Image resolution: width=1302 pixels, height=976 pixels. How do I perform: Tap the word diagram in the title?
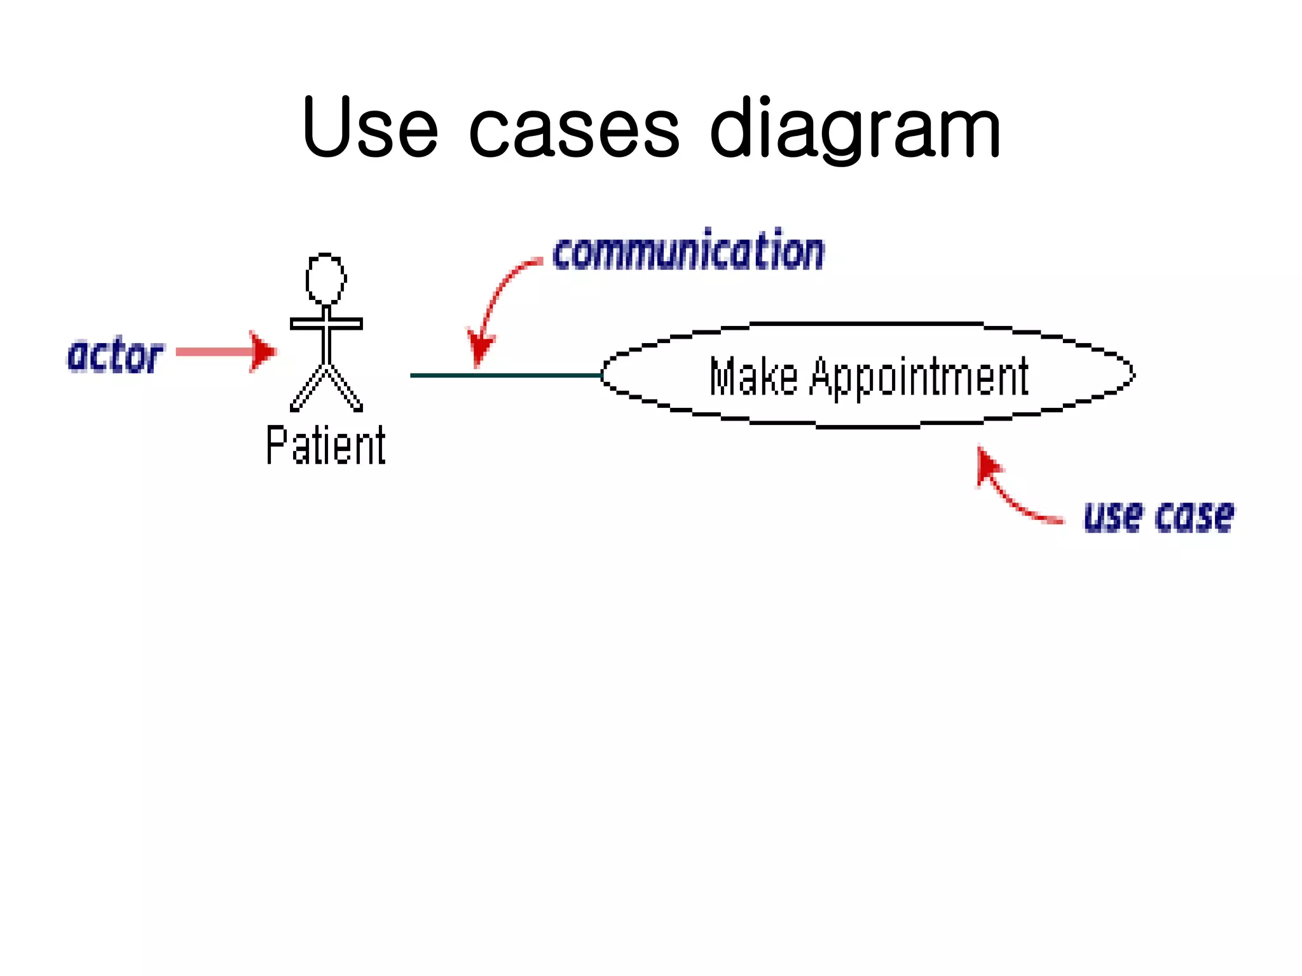coord(855,130)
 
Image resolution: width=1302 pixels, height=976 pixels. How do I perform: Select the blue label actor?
coord(115,356)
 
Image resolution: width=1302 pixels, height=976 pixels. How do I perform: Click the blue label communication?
coord(689,251)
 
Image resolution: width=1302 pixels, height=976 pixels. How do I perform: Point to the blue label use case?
coord(1158,516)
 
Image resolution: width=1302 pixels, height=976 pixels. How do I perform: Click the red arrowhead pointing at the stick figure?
coord(262,351)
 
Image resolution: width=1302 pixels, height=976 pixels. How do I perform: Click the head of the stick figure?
coord(325,279)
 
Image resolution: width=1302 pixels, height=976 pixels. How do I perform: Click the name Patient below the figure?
coord(325,446)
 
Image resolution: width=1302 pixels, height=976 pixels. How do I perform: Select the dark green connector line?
coord(505,376)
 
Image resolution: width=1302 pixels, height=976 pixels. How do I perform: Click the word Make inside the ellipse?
coord(753,376)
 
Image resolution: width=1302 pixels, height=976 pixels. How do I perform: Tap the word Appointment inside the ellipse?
coord(919,377)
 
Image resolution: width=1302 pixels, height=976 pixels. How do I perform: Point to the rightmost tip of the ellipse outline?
coord(1134,373)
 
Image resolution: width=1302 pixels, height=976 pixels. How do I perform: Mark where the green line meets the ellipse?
coord(601,376)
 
